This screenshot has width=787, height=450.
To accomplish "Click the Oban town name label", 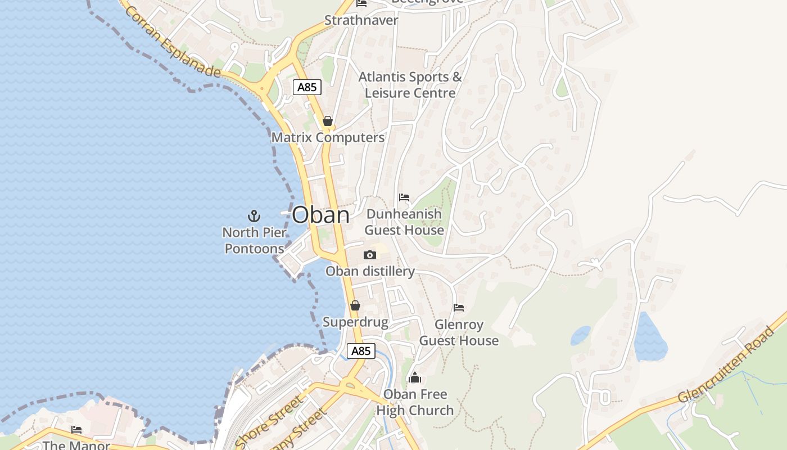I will pyautogui.click(x=320, y=215).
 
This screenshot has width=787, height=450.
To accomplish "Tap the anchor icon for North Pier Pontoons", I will pyautogui.click(x=254, y=215).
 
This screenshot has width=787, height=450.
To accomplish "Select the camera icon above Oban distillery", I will pyautogui.click(x=369, y=255).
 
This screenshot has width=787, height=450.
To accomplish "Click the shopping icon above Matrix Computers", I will pyautogui.click(x=328, y=121).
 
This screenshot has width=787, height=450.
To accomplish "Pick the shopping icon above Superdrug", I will pyautogui.click(x=355, y=305).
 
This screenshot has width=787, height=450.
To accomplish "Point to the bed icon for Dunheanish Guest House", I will pyautogui.click(x=404, y=197).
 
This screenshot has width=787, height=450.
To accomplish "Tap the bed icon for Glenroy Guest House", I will pyautogui.click(x=459, y=308).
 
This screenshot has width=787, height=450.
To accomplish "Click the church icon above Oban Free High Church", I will pyautogui.click(x=415, y=377).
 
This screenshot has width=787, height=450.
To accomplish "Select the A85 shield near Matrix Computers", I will pyautogui.click(x=307, y=87).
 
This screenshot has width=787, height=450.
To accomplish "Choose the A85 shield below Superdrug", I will pyautogui.click(x=360, y=351).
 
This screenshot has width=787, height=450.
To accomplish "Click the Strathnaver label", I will pyautogui.click(x=361, y=20).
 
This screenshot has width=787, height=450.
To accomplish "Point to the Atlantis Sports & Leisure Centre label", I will pyautogui.click(x=410, y=85).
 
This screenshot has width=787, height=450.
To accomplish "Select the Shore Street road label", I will pyautogui.click(x=269, y=421).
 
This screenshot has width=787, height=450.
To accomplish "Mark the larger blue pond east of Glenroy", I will pyautogui.click(x=650, y=337).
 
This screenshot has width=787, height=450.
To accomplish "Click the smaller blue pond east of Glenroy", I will pyautogui.click(x=581, y=335).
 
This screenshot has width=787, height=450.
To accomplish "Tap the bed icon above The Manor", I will pyautogui.click(x=76, y=430).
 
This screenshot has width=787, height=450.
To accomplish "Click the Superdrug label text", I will pyautogui.click(x=355, y=322).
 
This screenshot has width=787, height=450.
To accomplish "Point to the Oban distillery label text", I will pyautogui.click(x=370, y=271).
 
